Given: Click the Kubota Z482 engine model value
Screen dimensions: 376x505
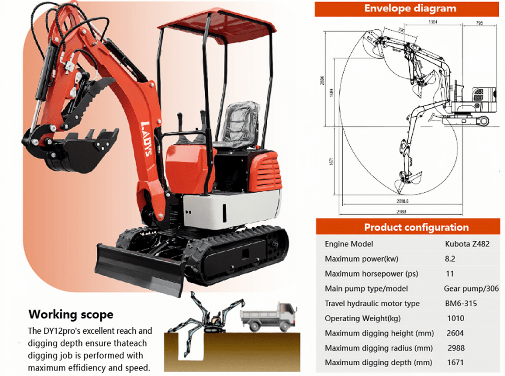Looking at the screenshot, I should coord(467,244).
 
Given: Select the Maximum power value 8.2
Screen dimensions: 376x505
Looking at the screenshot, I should coord(450,259).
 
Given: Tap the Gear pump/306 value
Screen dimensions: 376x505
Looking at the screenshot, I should coord(471,289).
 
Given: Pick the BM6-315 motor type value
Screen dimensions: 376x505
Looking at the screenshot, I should coord(461,303).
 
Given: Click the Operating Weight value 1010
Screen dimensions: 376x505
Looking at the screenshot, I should coord(456,318).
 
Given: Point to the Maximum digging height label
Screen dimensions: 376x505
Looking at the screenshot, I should coord(379,333).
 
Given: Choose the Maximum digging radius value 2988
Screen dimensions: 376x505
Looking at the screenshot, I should coord(456,348).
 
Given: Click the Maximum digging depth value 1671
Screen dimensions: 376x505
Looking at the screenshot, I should coord(455,363).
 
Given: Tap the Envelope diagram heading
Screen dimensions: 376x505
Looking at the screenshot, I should coord(410,8).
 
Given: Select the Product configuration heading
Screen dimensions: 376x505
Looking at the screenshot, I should coord(416,227).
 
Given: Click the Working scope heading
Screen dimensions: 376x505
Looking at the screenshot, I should coord(71,314).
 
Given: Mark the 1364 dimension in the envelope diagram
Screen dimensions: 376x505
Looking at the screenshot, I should coord(433,22).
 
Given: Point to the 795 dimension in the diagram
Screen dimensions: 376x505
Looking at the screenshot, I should coord(479,23).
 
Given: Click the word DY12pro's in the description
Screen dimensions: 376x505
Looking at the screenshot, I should coord(62,331).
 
